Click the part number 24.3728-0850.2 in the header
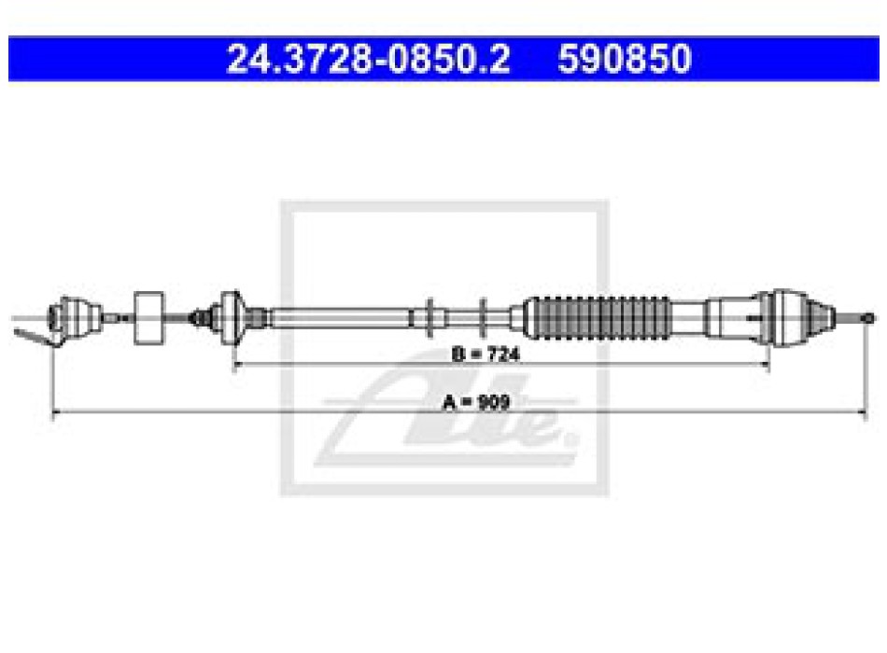[368, 59]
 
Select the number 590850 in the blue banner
[625, 59]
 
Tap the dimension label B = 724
[486, 354]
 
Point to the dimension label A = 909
[476, 403]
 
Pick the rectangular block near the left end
[148, 318]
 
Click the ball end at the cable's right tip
[867, 319]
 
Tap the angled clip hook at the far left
[34, 337]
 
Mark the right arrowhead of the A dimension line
[862, 412]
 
